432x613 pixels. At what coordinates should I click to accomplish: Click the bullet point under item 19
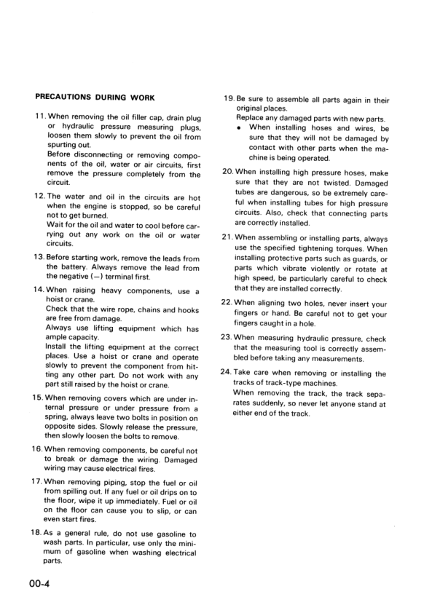[240, 127]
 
